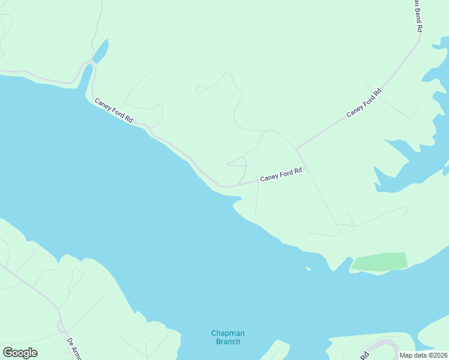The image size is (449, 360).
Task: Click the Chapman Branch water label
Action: pos(228,337)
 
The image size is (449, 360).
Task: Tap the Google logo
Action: pos(20,353)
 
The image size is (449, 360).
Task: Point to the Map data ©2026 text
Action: pos(423,355)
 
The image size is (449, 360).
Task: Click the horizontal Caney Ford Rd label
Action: pos(280,175)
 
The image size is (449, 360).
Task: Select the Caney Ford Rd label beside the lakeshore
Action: pos(113,110)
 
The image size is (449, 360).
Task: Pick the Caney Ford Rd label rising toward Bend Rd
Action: pos(364,103)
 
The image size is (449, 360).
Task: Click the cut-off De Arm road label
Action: pos(74,349)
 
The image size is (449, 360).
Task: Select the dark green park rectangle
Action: pos(380,261)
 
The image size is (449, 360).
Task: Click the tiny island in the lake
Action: pos(308,269)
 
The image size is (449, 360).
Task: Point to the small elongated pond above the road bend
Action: pos(101,50)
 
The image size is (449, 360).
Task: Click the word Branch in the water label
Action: pos(228,341)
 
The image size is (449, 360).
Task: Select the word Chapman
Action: pos(228,333)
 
